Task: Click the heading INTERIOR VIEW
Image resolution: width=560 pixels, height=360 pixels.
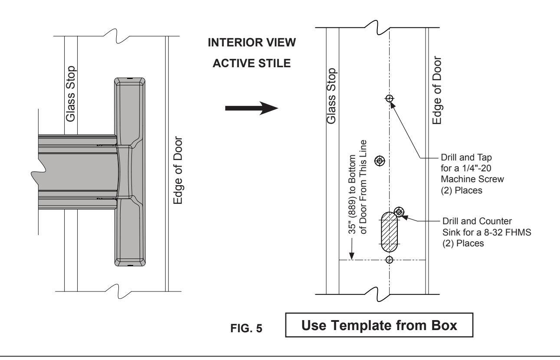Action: pyautogui.click(x=252, y=43)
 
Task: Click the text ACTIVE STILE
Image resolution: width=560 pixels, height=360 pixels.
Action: pyautogui.click(x=252, y=63)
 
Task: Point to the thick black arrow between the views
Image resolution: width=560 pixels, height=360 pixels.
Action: pyautogui.click(x=252, y=108)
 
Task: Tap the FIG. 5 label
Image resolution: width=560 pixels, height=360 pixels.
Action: pyautogui.click(x=246, y=328)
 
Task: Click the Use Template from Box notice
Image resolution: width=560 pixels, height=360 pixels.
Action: pyautogui.click(x=379, y=325)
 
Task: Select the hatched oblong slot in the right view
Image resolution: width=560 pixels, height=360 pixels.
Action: pyautogui.click(x=389, y=232)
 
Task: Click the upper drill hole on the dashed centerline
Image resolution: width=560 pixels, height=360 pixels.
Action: pyautogui.click(x=389, y=98)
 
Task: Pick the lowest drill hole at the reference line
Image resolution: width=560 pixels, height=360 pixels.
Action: pyautogui.click(x=389, y=260)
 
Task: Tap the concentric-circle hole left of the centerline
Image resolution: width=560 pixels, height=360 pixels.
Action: pyautogui.click(x=380, y=161)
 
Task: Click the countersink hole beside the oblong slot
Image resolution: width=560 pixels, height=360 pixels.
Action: pyautogui.click(x=399, y=212)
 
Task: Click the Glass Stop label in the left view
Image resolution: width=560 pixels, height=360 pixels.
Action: pyautogui.click(x=71, y=94)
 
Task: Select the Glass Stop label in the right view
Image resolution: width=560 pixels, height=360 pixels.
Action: pyautogui.click(x=331, y=96)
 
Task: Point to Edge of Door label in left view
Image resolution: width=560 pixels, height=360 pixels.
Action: pyautogui.click(x=178, y=170)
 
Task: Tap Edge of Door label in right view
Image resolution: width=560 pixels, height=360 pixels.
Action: pyautogui.click(x=437, y=90)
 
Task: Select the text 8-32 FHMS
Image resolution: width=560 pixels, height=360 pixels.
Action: pyautogui.click(x=508, y=232)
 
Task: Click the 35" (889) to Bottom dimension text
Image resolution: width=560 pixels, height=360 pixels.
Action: pyautogui.click(x=352, y=194)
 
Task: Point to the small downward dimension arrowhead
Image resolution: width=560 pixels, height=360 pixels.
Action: pyautogui.click(x=352, y=256)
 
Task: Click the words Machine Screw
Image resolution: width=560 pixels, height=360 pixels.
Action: pyautogui.click(x=472, y=179)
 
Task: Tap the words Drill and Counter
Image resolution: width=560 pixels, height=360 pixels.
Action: pyautogui.click(x=477, y=221)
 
